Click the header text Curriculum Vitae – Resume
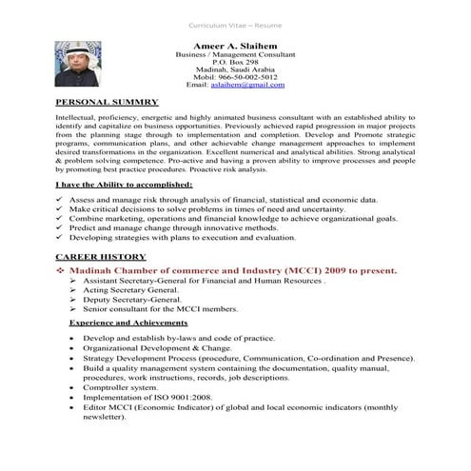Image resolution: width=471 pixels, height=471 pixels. (x=235, y=14)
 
